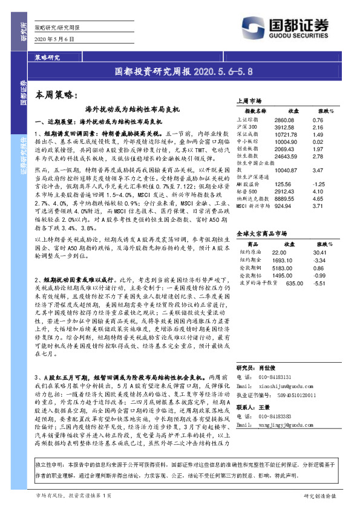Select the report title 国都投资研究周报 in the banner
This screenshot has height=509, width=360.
pos(154,71)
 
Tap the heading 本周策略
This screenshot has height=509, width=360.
pos(54,95)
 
